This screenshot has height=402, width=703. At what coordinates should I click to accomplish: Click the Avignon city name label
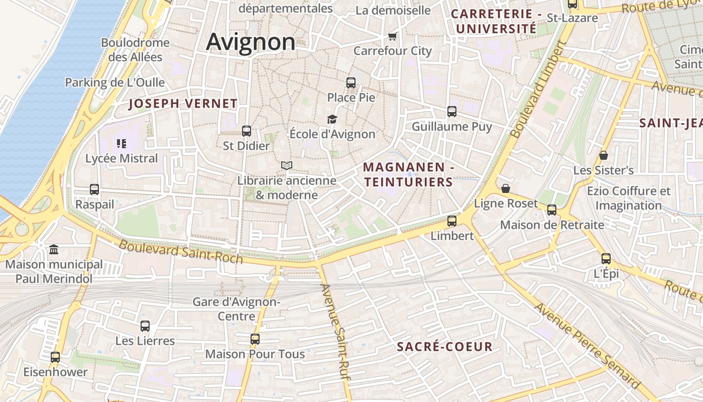tap(251, 42)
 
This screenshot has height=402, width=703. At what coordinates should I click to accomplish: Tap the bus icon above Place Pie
tap(351, 83)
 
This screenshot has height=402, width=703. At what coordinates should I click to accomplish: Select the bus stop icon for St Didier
tap(247, 131)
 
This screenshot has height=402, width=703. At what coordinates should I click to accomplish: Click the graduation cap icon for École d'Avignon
tap(332, 119)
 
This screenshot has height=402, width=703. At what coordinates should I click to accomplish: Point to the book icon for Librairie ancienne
tap(287, 165)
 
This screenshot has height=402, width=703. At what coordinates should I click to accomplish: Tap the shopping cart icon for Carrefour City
tap(393, 36)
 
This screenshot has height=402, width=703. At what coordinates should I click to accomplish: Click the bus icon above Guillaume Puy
tap(452, 112)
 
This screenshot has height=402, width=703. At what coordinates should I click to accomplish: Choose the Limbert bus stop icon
tap(452, 221)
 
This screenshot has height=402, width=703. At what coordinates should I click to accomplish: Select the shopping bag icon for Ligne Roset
tap(506, 188)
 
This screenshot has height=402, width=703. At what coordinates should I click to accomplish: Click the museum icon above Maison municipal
tap(54, 249)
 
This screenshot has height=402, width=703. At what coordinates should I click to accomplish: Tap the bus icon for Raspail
tap(94, 189)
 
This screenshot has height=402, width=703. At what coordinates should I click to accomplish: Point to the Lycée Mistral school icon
tap(121, 144)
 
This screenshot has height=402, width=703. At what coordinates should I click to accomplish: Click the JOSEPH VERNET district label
tap(183, 104)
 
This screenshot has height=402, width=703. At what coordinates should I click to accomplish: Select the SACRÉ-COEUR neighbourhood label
tap(444, 347)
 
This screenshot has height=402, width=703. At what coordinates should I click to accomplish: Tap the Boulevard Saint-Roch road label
tap(181, 252)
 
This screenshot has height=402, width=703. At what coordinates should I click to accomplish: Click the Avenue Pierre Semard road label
tap(588, 346)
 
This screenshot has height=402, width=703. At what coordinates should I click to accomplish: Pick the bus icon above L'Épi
tap(606, 259)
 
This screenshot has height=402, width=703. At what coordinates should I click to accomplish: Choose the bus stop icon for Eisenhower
tap(55, 357)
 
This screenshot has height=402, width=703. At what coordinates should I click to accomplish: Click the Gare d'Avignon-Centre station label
tap(237, 309)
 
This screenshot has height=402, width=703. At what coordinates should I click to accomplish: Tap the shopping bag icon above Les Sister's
tap(604, 155)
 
